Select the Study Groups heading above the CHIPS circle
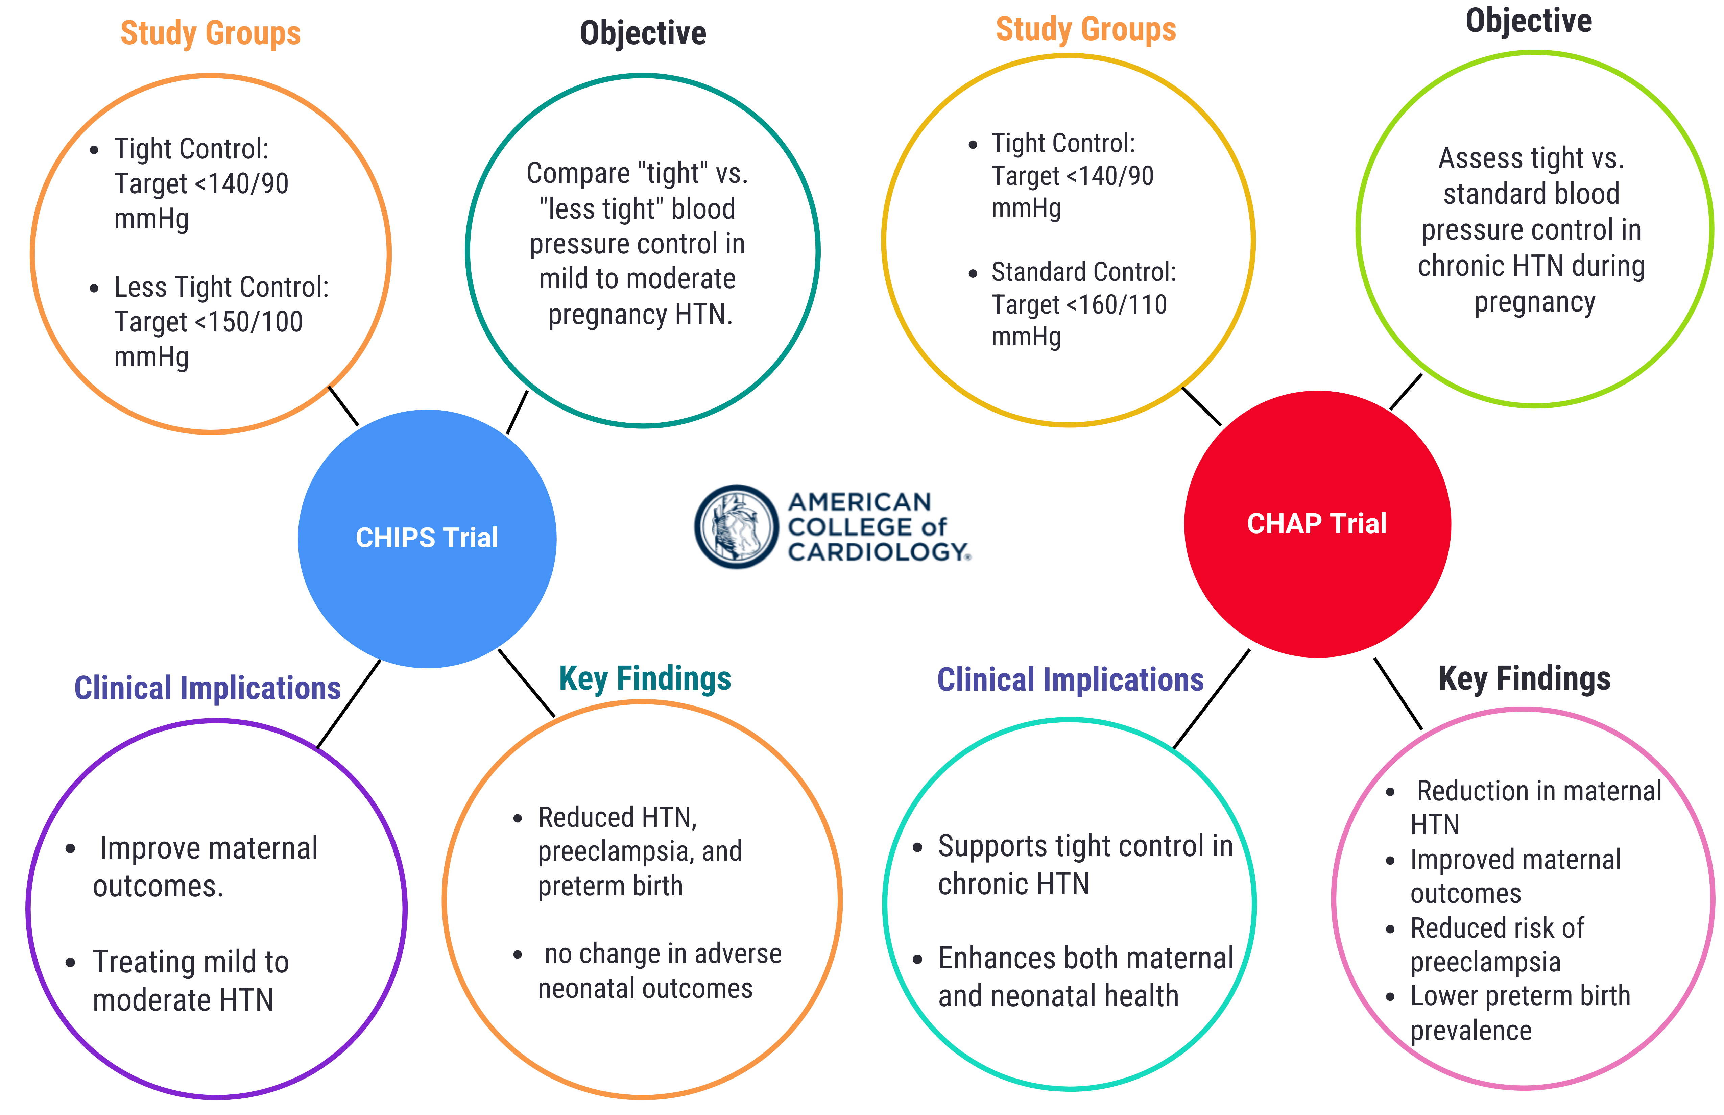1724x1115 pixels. pos(210,33)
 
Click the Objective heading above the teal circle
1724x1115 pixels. pos(643,33)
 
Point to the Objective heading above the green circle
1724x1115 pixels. pos(1528,20)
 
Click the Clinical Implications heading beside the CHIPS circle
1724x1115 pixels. pos(207,688)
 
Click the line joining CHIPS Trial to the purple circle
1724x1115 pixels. pos(349,704)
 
